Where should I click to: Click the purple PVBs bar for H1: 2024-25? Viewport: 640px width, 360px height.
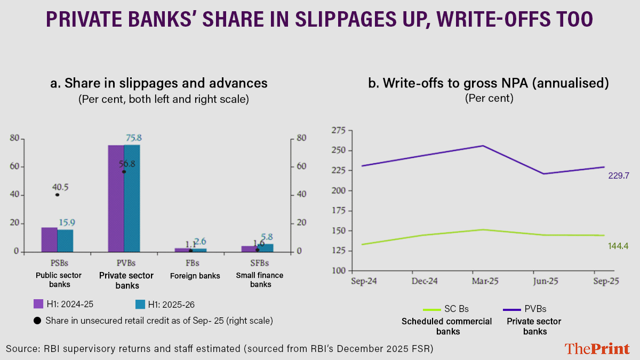[x=116, y=198]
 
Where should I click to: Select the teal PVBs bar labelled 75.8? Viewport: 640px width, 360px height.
[x=132, y=198]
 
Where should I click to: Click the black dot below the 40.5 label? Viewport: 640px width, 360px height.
[x=57, y=195]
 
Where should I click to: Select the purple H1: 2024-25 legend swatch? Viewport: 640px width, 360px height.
[x=38, y=304]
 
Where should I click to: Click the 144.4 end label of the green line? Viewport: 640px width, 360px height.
[x=619, y=246]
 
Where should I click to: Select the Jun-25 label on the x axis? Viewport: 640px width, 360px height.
[x=543, y=281]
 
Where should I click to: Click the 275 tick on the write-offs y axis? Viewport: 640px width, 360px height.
[x=338, y=130]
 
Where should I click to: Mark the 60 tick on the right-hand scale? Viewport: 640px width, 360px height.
[x=301, y=167]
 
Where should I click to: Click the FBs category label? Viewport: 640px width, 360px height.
[x=191, y=263]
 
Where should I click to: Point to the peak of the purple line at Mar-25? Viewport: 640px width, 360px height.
[x=483, y=146]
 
